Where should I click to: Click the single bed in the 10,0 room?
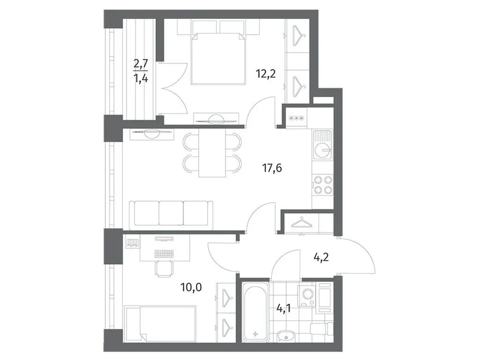point(161,324)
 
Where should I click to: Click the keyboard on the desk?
point(165,253)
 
